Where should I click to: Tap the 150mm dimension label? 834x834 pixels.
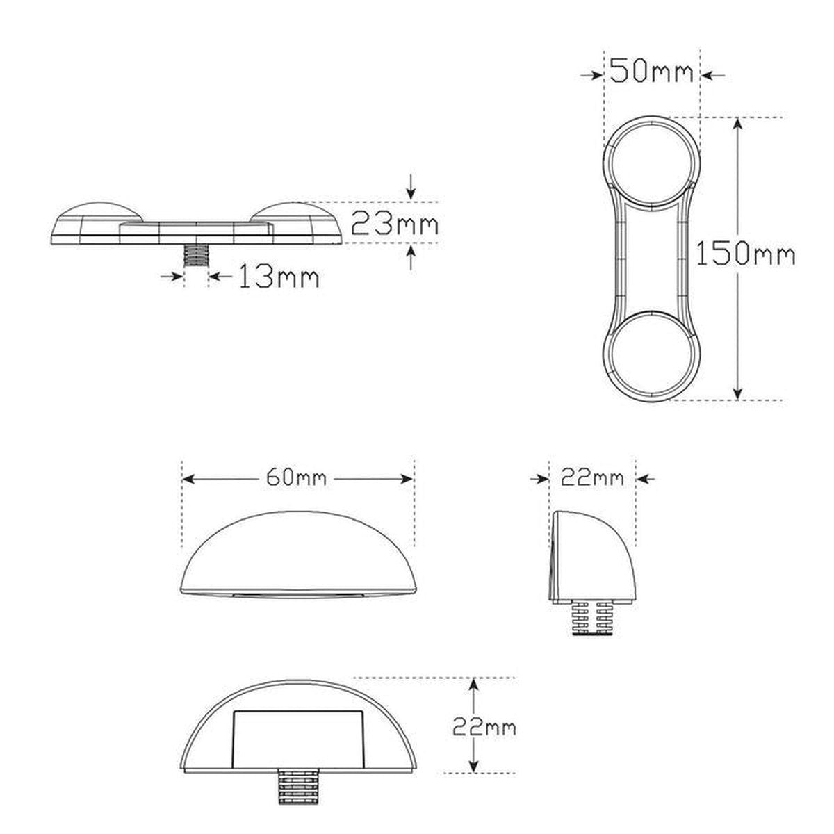tap(745, 255)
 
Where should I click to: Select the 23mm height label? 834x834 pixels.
tap(394, 223)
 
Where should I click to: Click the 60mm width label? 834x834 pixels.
tap(296, 478)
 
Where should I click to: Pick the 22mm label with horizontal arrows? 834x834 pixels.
tap(593, 478)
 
